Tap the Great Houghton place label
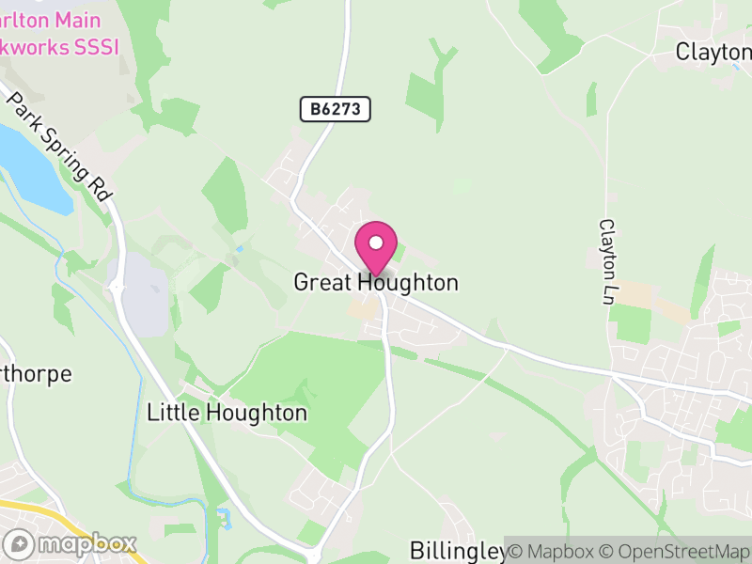376,282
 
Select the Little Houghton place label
227,413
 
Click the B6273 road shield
336,110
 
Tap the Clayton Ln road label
606,261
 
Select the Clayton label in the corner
713,53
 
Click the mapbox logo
71,544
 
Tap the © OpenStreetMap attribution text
679,551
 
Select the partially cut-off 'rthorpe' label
36,374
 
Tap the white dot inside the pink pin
376,243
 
